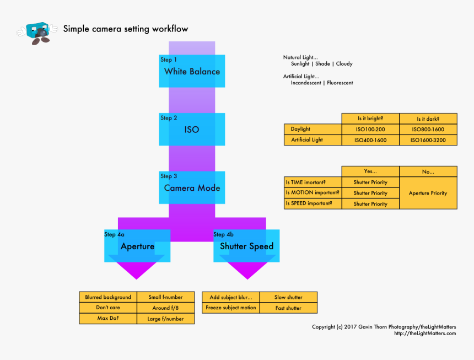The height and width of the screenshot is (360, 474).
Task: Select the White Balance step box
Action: [192, 71]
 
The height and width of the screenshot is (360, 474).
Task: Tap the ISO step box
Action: [192, 130]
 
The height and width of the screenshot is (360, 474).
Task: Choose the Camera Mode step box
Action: [192, 187]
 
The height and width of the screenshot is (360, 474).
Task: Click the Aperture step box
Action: [137, 246]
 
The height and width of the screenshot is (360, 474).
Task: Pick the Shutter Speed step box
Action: [246, 246]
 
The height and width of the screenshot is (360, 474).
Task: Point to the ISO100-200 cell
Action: [370, 130]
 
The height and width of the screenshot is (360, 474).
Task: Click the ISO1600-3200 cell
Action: [428, 140]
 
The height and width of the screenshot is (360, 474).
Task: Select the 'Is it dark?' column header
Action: [428, 119]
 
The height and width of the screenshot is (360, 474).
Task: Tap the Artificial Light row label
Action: [313, 140]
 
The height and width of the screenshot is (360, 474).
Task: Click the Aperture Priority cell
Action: [428, 193]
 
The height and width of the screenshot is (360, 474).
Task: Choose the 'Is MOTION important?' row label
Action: [313, 193]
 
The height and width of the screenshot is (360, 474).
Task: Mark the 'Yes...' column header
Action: [370, 171]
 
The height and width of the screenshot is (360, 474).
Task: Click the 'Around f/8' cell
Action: [166, 308]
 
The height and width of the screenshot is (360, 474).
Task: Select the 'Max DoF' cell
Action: [108, 319]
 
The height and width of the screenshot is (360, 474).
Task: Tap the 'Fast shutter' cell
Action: [288, 308]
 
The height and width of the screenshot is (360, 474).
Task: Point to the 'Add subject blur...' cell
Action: [231, 297]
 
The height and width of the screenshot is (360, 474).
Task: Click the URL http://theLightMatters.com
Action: [424, 333]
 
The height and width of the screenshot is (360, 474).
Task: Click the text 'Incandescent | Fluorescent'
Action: [322, 83]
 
